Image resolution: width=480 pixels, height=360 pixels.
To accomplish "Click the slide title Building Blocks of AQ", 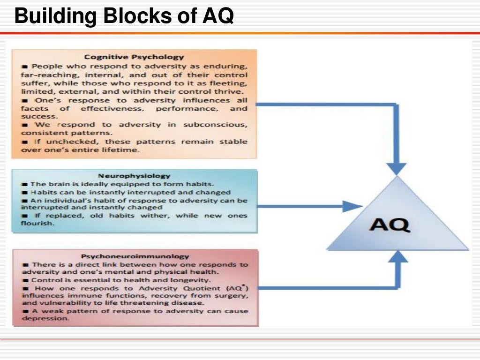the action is pyautogui.click(x=124, y=17).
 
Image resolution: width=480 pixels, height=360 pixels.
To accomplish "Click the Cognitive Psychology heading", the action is pyautogui.click(x=134, y=57).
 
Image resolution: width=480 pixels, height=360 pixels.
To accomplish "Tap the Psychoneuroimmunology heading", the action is pyautogui.click(x=135, y=256).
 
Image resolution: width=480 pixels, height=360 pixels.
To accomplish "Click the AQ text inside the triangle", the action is pyautogui.click(x=390, y=225).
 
